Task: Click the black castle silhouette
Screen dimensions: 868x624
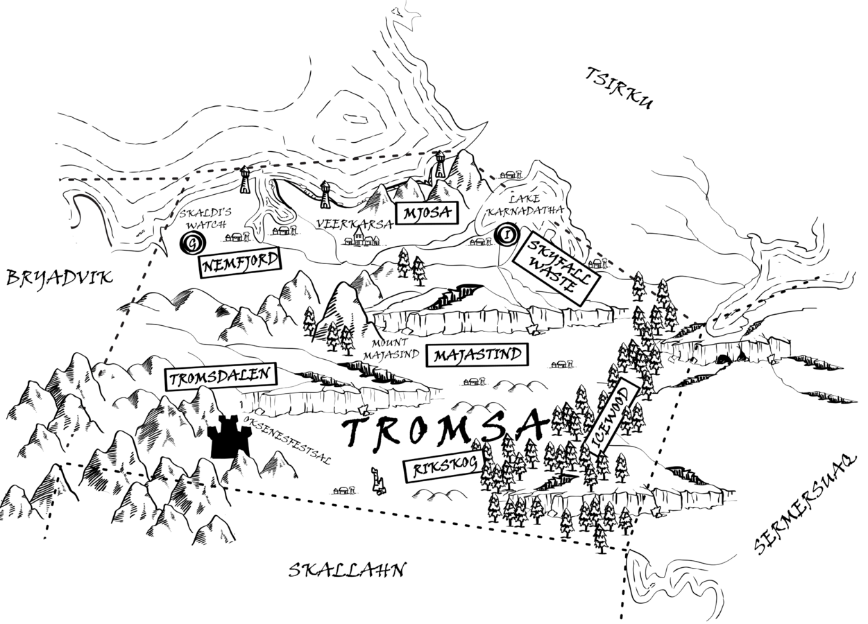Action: coord(229,436)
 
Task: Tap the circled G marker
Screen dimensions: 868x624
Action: coord(193,243)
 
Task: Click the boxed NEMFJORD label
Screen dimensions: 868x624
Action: coord(239,263)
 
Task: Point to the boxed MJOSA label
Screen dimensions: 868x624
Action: coord(426,213)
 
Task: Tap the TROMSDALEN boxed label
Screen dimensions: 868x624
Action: coord(221,376)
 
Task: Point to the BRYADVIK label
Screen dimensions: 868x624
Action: coord(59,277)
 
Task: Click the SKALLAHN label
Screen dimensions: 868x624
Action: coord(348,570)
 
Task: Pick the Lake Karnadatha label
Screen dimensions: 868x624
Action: coord(525,205)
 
